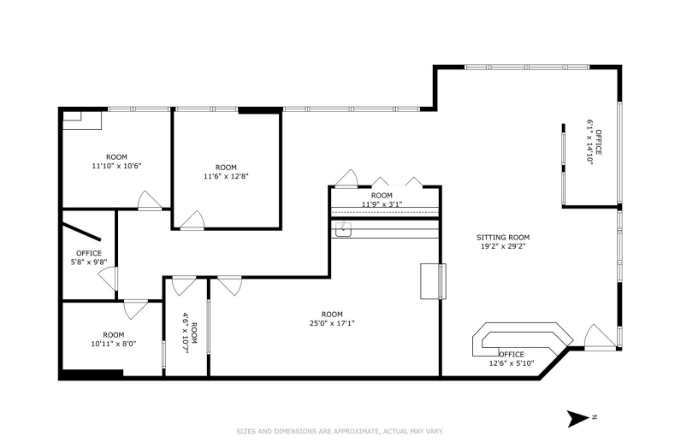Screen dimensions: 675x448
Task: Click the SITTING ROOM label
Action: click(503, 237)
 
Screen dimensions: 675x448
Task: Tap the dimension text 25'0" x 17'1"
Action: click(331, 323)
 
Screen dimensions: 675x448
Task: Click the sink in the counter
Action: click(343, 229)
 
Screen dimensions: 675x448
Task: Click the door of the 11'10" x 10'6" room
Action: click(149, 201)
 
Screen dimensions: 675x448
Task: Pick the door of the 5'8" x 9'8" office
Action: click(108, 278)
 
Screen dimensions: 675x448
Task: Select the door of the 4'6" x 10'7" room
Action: click(184, 286)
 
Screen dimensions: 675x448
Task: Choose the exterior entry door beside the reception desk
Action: click(600, 336)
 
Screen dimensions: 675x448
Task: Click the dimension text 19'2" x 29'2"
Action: click(503, 246)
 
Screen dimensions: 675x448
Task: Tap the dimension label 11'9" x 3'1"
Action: click(382, 204)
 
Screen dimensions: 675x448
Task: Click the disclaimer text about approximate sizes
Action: click(340, 431)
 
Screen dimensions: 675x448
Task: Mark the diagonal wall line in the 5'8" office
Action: click(82, 232)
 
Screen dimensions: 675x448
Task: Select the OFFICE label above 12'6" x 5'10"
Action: click(512, 354)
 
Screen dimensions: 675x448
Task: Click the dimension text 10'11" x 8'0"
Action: click(114, 344)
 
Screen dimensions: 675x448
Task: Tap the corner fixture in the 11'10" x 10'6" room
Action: click(82, 120)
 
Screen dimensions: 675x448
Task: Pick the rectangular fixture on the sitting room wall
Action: click(433, 281)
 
